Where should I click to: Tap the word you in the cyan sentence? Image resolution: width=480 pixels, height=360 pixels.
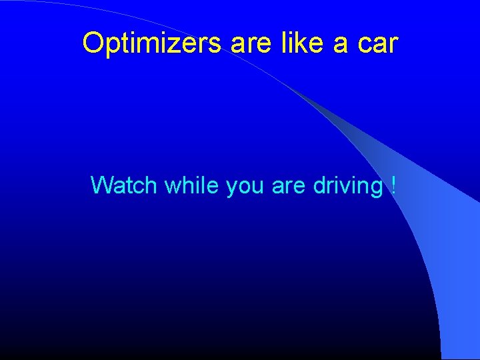245,186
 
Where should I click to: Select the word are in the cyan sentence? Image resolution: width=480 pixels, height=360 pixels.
288,186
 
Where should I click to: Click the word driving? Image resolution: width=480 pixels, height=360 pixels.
347,185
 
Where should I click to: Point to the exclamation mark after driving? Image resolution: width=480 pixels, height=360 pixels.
392,185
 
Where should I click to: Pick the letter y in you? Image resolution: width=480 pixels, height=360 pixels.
231,187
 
